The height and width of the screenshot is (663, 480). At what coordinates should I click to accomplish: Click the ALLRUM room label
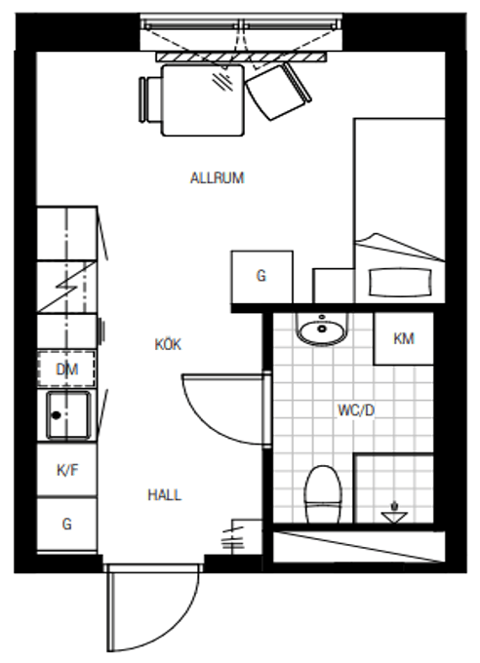(x=218, y=178)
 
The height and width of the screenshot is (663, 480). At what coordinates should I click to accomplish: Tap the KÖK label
(x=168, y=344)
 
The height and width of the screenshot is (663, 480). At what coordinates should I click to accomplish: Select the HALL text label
(x=165, y=494)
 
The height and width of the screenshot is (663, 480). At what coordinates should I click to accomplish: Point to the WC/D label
(x=356, y=410)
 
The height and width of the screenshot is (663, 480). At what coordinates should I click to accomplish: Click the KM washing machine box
(x=403, y=338)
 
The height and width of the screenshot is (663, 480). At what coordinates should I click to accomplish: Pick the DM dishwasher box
(x=66, y=369)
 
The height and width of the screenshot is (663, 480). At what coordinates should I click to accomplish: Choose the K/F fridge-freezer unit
(x=67, y=470)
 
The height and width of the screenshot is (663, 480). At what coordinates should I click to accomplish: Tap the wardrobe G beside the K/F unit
(x=67, y=525)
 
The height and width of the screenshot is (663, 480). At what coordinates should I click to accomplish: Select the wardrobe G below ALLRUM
(x=261, y=277)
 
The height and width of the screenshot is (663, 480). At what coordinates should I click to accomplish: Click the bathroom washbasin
(x=322, y=330)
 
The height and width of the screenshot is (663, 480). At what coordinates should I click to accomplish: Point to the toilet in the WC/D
(x=323, y=494)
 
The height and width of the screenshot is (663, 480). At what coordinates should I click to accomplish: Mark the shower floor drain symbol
(x=394, y=513)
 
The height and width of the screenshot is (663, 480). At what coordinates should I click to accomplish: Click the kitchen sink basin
(x=68, y=415)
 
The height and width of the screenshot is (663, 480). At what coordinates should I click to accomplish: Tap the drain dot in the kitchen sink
(x=57, y=415)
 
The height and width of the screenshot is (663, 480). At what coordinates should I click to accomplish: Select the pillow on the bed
(x=400, y=283)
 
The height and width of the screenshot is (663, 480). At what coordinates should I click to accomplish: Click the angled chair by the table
(x=277, y=91)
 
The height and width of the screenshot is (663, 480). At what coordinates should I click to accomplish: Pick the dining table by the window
(x=203, y=100)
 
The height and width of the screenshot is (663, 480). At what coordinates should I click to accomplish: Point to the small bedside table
(x=334, y=286)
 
